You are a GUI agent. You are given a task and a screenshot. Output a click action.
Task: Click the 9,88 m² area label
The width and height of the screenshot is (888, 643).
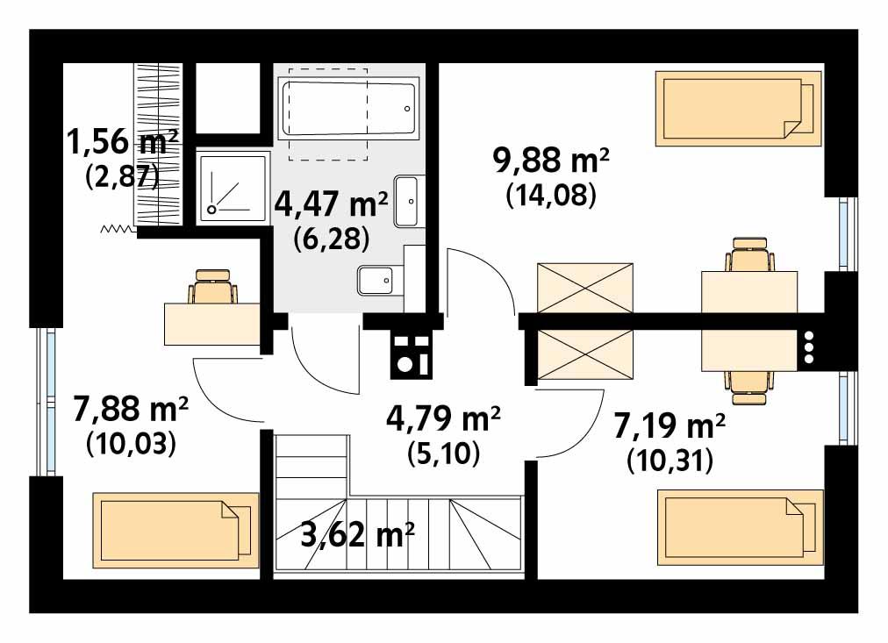click(551, 162)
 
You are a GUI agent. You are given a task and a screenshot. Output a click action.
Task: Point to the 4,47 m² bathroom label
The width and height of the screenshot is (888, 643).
click(332, 204)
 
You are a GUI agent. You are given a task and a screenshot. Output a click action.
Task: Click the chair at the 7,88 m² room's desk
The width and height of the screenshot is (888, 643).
click(214, 288)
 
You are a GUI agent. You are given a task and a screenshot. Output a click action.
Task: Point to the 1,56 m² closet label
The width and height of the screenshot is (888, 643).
click(123, 141)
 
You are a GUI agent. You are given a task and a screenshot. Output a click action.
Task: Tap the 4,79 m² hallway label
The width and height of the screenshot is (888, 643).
click(443, 418)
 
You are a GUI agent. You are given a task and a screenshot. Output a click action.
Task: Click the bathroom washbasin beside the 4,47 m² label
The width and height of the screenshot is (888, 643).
click(409, 201)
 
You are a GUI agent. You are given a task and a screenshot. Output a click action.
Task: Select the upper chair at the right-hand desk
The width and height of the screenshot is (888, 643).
click(751, 255)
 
